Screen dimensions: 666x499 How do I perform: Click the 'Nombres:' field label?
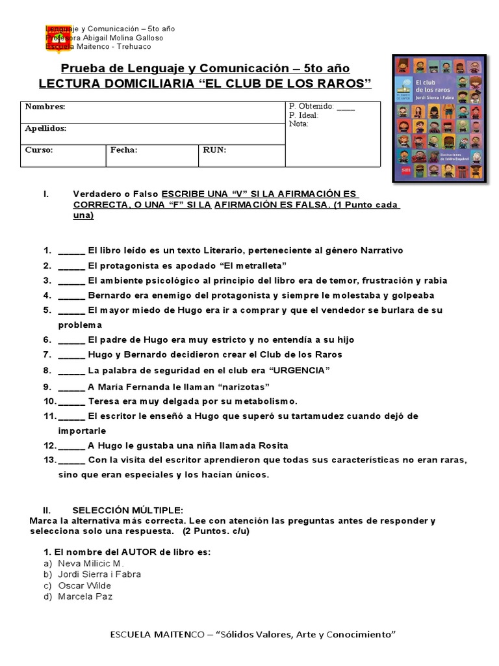(45, 107)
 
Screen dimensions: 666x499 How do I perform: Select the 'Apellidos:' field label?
(45, 129)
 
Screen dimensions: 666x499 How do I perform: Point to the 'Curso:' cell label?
(39, 150)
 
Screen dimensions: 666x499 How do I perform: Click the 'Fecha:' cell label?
(123, 150)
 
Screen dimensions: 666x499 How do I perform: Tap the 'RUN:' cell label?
(214, 150)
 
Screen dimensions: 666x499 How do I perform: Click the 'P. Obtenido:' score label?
(312, 106)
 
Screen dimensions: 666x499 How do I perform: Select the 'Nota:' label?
(299, 124)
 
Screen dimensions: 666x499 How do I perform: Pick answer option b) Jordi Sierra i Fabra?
(99, 574)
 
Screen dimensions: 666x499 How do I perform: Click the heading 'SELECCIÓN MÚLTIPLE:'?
(128, 510)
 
